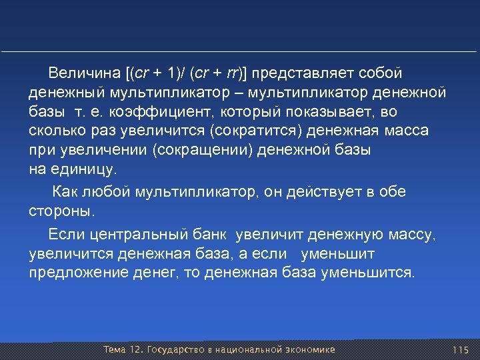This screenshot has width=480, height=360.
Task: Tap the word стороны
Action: click(x=61, y=212)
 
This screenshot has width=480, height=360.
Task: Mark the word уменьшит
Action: click(x=339, y=254)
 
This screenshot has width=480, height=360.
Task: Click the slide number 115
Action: click(x=461, y=350)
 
